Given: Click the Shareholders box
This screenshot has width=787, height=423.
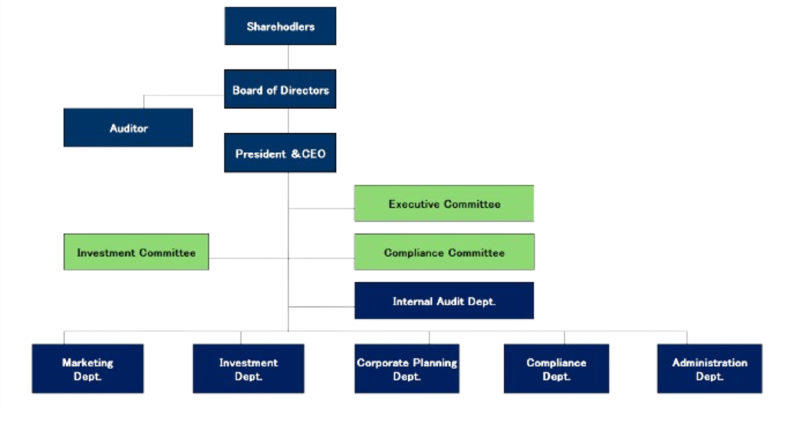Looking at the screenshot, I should coord(281,26).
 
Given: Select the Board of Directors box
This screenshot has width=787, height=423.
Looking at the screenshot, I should coord(281,90).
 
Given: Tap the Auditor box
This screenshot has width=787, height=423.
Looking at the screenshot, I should coord(128,128).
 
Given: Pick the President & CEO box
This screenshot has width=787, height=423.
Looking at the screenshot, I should coord(280,154).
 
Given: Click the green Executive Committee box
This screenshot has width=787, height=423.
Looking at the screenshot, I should coord(444,204).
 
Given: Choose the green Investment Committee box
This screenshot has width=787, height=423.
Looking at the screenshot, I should coord(136,253).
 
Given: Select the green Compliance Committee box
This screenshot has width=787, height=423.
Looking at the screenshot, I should coord(444,253).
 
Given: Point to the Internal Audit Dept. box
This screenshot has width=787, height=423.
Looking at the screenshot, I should coord(444,301).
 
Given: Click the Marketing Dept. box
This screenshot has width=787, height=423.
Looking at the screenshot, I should coord(87,369).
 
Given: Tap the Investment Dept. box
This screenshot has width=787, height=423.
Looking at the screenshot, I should coord(248,369).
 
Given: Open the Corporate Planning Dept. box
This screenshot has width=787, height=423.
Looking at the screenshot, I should coord(406,369).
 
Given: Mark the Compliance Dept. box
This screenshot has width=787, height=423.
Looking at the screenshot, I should coord(556,369).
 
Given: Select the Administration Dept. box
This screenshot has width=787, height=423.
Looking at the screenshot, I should coord(709,369).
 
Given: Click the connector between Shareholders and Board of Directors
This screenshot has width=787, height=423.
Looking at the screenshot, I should coord(288,58).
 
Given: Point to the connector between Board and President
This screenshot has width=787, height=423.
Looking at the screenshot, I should coord(288,120).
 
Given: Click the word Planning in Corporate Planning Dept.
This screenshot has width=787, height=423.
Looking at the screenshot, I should coord(436,363).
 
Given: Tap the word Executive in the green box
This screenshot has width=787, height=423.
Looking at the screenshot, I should coord(413,204).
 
